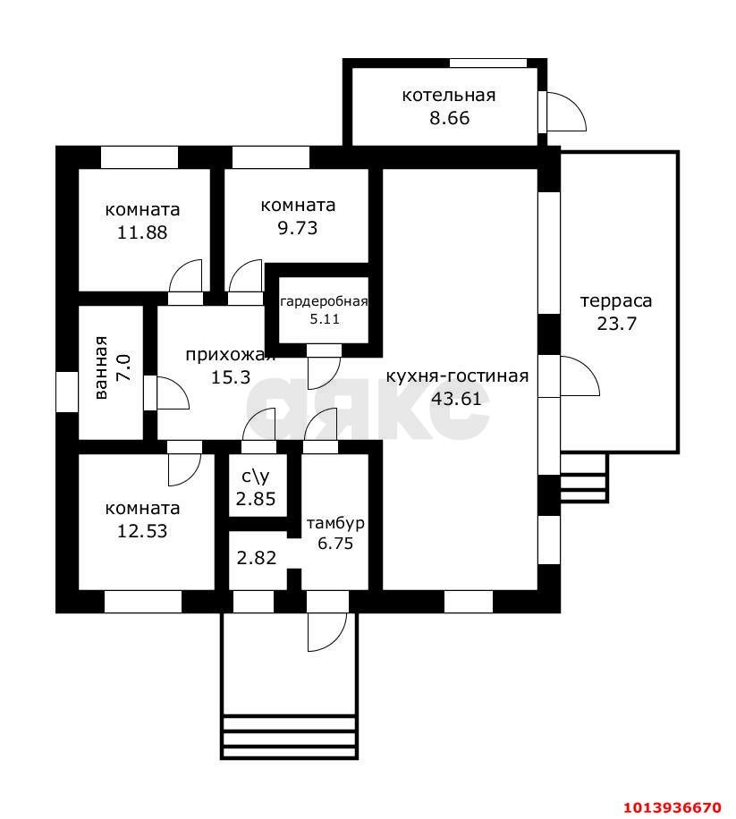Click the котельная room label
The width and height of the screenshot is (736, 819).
(x=449, y=95)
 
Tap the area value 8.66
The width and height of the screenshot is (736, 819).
(x=449, y=118)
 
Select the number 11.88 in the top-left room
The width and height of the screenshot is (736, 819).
(x=142, y=232)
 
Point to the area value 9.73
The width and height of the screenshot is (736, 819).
(x=297, y=228)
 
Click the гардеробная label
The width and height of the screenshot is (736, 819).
(x=325, y=302)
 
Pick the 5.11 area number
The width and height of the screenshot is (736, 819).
(x=325, y=318)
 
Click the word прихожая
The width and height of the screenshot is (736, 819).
(x=231, y=355)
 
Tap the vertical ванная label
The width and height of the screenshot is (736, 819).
(x=101, y=367)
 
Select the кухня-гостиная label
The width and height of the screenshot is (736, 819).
(x=457, y=376)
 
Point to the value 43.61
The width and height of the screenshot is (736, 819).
(x=456, y=399)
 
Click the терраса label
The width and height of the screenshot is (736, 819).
(x=616, y=301)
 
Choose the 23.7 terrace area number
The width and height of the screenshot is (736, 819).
(x=616, y=324)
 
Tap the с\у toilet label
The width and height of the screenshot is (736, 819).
(x=256, y=477)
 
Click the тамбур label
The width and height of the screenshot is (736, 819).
(x=335, y=523)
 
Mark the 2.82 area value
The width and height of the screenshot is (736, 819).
(x=256, y=558)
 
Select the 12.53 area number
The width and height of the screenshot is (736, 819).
(x=142, y=531)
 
